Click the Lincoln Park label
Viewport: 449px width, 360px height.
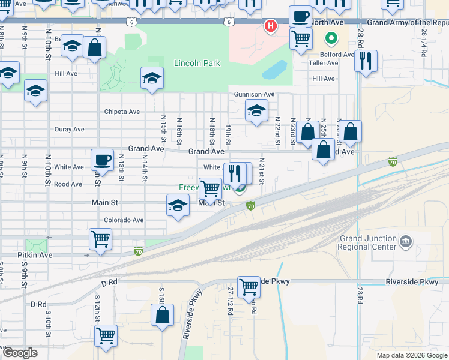pos(197,63)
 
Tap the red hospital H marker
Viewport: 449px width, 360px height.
pos(271,26)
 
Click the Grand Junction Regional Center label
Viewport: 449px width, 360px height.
pos(367,242)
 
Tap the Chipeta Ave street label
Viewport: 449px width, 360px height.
pos(122,112)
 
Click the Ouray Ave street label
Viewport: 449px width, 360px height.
pos(70,129)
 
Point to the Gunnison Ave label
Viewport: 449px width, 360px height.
pos(254,94)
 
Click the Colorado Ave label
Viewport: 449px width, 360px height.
pos(124,220)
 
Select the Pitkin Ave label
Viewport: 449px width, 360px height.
pos(38,255)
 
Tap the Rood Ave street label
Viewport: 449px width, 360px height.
pos(68,184)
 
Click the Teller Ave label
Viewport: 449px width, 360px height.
pos(325,62)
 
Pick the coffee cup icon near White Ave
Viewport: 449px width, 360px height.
pos(102,160)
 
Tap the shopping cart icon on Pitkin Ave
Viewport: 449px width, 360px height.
pos(100,239)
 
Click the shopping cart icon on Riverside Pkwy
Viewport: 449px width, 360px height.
pos(249,286)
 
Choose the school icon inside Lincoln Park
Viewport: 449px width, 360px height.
pos(152,78)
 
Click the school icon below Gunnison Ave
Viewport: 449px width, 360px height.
pos(256,110)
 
